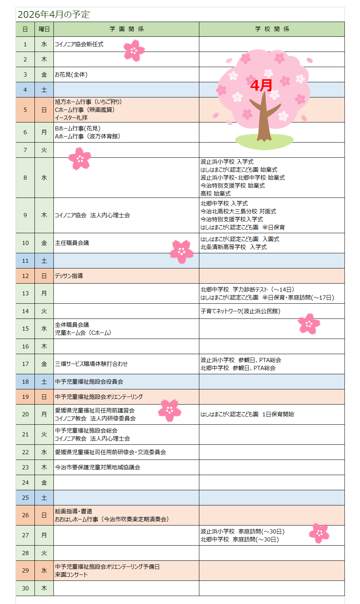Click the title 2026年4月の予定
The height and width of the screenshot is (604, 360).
[53, 14]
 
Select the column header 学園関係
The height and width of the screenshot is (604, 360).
[127, 29]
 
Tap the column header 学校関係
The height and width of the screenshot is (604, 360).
[272, 29]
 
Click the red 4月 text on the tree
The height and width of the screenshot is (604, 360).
[261, 85]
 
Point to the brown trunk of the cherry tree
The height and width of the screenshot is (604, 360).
[264, 121]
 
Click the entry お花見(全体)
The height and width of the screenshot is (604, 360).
[71, 75]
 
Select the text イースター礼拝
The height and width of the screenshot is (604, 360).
[71, 118]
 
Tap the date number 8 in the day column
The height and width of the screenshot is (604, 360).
[25, 178]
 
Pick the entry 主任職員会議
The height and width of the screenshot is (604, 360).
[72, 243]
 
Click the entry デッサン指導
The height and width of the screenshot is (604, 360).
[69, 276]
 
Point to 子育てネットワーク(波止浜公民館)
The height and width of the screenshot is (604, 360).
[240, 311]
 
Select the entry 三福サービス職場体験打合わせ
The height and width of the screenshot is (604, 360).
[91, 364]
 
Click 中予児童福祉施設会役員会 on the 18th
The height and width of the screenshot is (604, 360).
[89, 382]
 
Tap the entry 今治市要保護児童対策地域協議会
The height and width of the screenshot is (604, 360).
[97, 468]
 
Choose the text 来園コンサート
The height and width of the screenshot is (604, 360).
[71, 575]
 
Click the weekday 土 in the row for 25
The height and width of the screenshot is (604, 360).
[44, 498]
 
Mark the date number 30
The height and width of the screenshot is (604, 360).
[25, 588]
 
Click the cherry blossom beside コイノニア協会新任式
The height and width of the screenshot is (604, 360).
[134, 51]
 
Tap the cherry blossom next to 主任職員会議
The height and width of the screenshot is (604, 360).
[182, 251]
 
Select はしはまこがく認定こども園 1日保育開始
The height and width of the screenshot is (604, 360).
[247, 414]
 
